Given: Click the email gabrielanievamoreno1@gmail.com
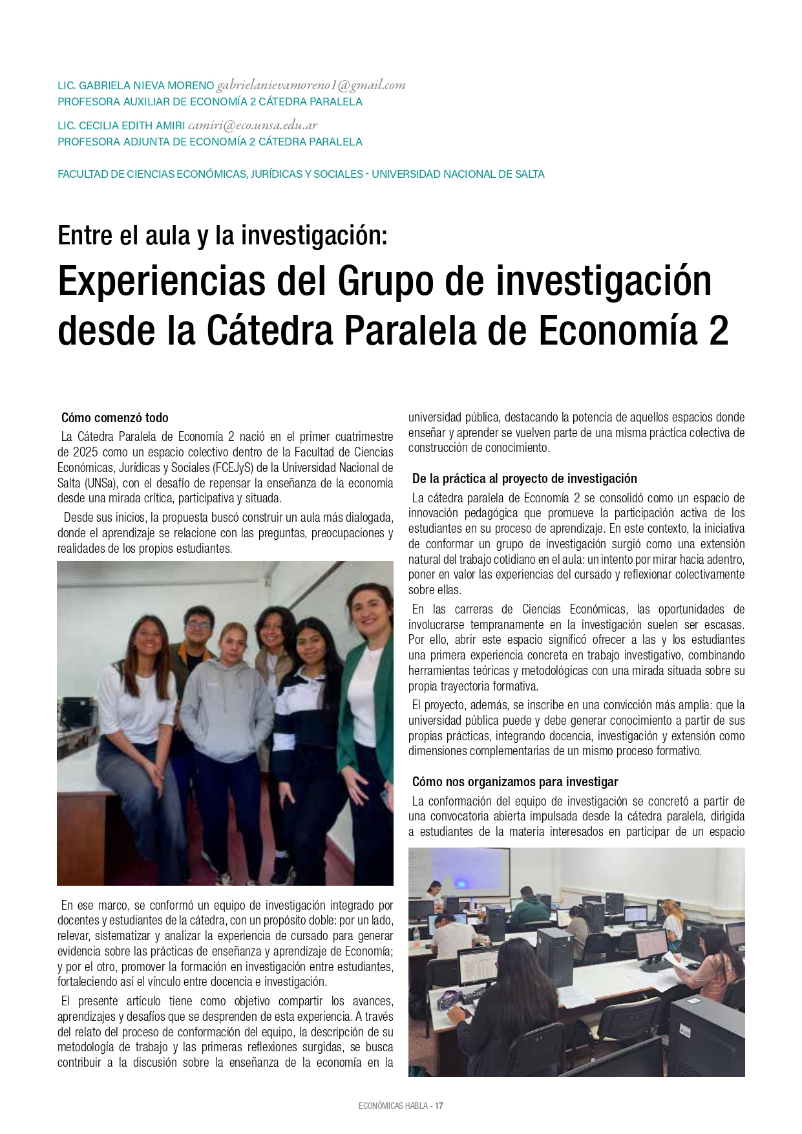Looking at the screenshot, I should [x=311, y=85].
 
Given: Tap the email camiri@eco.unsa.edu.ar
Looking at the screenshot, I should [x=253, y=125].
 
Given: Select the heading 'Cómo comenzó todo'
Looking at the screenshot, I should [x=115, y=418].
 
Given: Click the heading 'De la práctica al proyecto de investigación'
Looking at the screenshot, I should [x=524, y=478].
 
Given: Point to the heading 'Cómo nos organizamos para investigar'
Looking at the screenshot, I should [x=515, y=782].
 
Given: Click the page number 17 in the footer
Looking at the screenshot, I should [x=439, y=1106].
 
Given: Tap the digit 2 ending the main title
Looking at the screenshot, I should [x=717, y=331].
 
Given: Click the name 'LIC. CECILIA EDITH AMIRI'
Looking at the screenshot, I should [x=121, y=126].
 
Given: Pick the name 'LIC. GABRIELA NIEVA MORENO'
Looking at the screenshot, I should [x=136, y=86].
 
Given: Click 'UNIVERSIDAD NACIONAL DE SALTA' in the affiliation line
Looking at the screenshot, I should [x=458, y=174].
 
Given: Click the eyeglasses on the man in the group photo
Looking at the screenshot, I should [x=198, y=625].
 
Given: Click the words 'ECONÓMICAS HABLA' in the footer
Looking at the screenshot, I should [x=393, y=1106].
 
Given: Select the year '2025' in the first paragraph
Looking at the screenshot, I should [x=85, y=452].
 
